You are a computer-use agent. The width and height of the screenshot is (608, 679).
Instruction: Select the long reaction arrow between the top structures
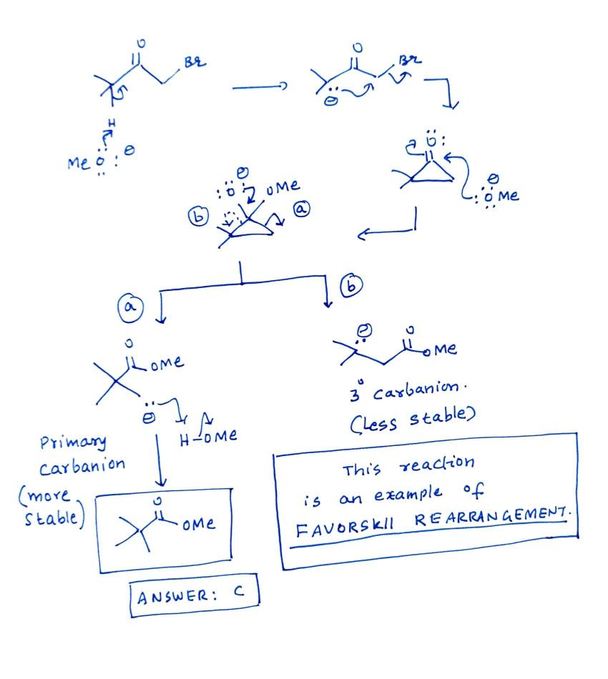point(259,87)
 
